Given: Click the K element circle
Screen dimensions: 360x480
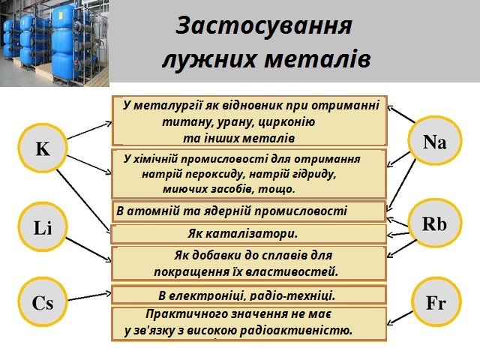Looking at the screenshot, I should (43, 148).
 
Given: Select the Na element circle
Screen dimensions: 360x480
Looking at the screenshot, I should (434, 141).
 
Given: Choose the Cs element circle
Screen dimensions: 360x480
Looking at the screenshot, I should (43, 303).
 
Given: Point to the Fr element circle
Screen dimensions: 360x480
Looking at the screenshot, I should (435, 303).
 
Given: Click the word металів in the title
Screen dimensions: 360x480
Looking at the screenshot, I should (323, 59).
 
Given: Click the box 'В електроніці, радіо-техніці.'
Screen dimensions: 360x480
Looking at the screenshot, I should (247, 295).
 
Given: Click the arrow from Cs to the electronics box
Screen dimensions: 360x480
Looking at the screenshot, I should (91, 294).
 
